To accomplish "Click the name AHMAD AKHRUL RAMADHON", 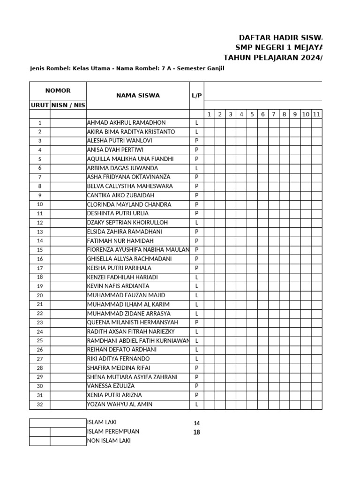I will [126, 123].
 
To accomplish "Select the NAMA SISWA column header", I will [138, 96].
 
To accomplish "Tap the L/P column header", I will [197, 96].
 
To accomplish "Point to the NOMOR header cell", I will [58, 90].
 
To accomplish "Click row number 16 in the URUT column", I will [40, 259].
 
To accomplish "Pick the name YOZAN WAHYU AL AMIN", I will [120, 405].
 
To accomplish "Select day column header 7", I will [273, 114].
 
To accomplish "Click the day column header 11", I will [316, 114].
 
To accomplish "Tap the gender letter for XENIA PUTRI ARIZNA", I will [197, 395].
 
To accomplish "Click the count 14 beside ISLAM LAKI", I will [197, 423].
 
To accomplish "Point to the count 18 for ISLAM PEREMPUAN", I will [197, 432].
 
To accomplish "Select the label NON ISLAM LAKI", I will [109, 441].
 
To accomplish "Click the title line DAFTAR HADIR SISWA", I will [280, 37].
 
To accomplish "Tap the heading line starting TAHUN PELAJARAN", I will [272, 58].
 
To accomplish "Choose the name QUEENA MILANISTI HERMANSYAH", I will [133, 322].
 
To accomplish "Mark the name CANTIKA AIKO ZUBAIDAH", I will [120, 195].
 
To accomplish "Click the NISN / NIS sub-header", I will [68, 105].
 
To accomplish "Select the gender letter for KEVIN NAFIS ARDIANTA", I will [197, 286].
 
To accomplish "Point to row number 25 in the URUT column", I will [40, 341].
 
